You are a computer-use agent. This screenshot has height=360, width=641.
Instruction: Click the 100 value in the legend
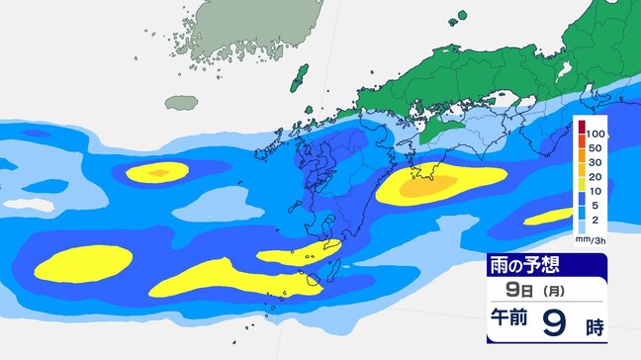pos(596,131)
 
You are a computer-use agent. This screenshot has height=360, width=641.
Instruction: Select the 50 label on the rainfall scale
pos(596,146)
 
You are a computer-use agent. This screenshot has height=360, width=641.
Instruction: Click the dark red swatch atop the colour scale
pos(582,125)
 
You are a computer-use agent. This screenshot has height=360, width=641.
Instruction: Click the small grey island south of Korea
pos(181,102)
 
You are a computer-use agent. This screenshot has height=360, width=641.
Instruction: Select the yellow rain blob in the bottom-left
pos(83,263)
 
